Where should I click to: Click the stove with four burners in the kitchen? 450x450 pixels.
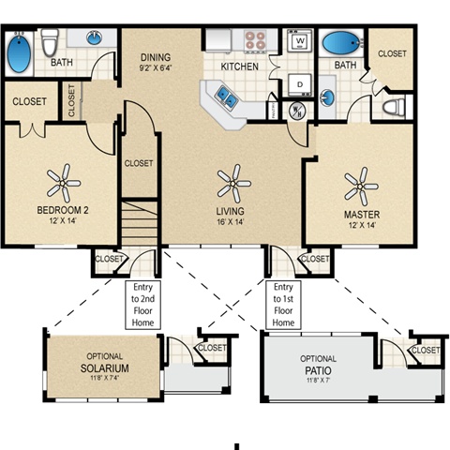256,40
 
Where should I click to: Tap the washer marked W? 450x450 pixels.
300,42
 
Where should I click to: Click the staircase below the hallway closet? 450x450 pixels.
139,223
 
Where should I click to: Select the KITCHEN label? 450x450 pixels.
239,67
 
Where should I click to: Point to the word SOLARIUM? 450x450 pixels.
104,369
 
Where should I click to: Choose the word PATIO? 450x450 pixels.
318,370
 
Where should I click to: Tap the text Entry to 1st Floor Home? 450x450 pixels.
283,304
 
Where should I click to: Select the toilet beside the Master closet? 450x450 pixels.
392,107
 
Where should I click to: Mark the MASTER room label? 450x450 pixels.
361,214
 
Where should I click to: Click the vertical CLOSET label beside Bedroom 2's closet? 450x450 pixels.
72,101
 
